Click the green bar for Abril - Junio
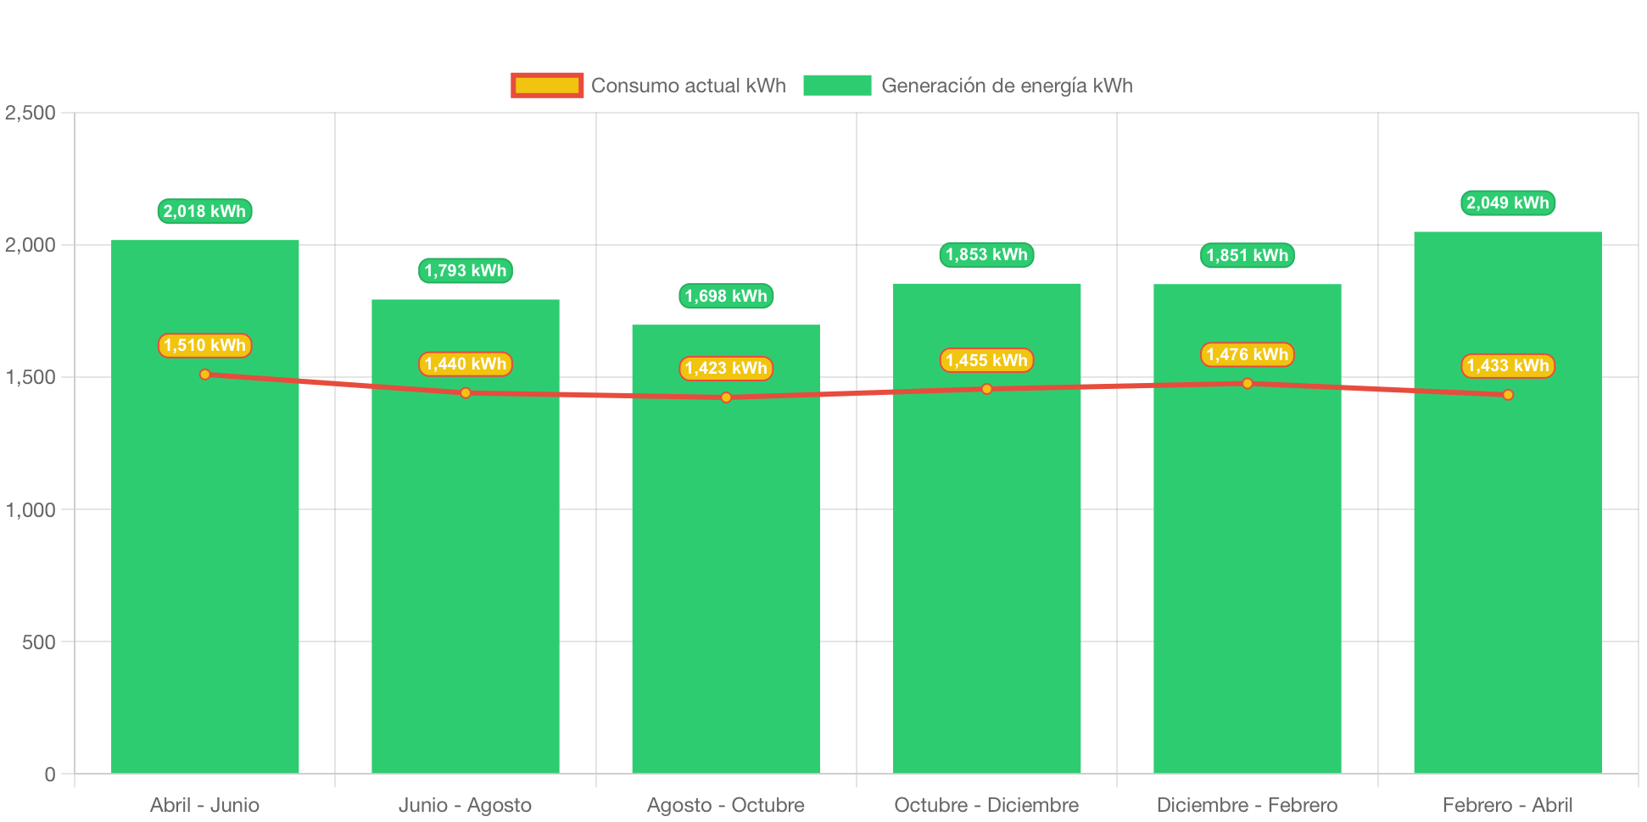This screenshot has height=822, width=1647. pos(204,507)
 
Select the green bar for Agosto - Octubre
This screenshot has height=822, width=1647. pos(726,549)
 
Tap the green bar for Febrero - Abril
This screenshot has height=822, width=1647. pos(1508,503)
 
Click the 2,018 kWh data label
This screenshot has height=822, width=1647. pos(204,211)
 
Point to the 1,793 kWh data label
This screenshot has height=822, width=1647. pos(466,270)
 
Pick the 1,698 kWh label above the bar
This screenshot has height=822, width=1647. pos(726,296)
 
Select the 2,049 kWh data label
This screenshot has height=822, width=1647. pos(1508,203)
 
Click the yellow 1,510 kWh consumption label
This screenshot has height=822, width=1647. pos(204,345)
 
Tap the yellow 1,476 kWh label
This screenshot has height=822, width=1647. pos(1248,354)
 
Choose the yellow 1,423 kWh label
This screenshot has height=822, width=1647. pos(726,368)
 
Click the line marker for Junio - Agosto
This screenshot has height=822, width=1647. pos(466,393)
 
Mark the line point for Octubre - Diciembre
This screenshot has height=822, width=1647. pos(986,389)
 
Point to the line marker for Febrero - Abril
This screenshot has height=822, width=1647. pos(1508,395)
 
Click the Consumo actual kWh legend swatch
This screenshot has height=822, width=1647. pos(547,86)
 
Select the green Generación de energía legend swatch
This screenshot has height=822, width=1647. pos(837,86)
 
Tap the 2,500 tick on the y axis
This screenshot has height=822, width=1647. pos(31,113)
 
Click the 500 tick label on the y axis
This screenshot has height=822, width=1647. pos(39,641)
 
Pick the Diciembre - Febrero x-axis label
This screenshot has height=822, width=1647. pos(1248,805)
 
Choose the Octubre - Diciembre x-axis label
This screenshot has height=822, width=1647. pos(986,805)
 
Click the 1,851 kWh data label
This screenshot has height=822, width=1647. pos(1248,255)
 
